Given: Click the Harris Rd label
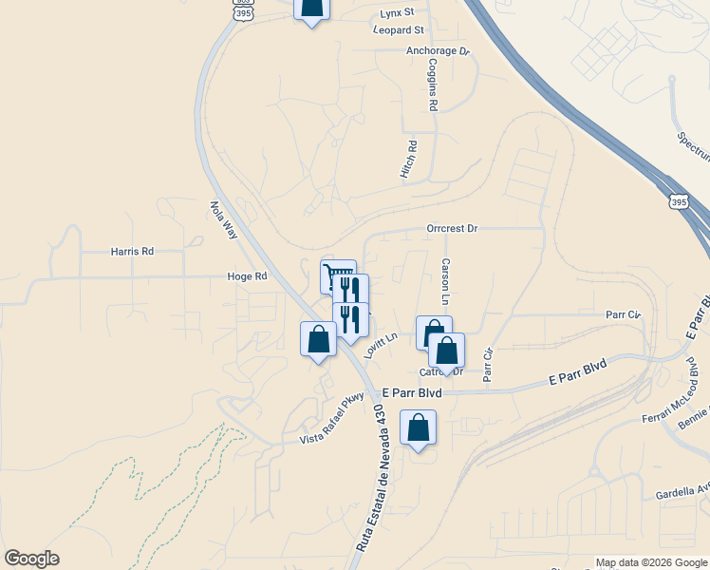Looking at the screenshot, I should point(132,252).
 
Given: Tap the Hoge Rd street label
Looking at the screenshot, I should point(248,276).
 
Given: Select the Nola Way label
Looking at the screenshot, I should point(224,218).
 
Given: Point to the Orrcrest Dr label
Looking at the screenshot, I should point(452,229).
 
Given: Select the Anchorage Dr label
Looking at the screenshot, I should point(438,51).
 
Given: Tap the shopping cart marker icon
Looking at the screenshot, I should point(337,276).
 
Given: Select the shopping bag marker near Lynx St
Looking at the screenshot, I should point(311,8).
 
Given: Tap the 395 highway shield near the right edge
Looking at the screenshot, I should point(678,201).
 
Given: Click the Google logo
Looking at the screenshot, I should point(31,559).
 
